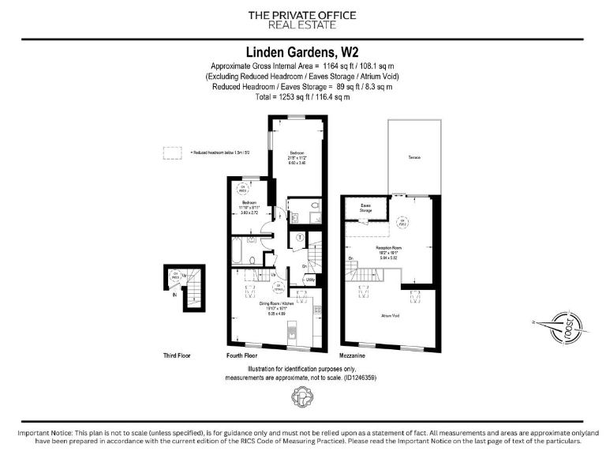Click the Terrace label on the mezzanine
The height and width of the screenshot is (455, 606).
[x=414, y=158]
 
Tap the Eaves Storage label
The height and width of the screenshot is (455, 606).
[x=366, y=209]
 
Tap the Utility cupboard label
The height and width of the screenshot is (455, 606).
[x=310, y=280]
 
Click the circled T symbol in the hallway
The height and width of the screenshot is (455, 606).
[x=299, y=237]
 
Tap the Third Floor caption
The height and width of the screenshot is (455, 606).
[x=177, y=356]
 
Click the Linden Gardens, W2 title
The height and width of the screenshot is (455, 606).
[x=302, y=50]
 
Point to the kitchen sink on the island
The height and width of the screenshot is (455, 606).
[x=292, y=328]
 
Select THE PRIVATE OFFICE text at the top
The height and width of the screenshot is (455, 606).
[x=302, y=15]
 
